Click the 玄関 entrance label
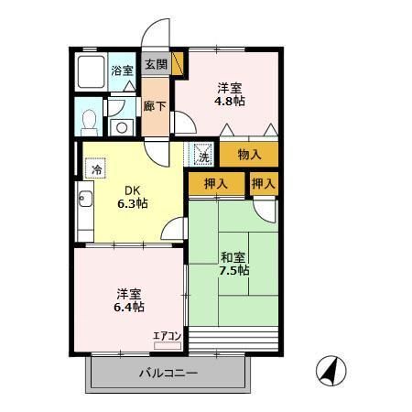[156, 64]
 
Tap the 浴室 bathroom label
[122, 70]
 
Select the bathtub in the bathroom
[91, 71]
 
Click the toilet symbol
[89, 123]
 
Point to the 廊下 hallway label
[155, 106]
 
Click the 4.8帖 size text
[230, 101]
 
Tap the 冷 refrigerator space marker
[96, 168]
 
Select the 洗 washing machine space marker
[203, 156]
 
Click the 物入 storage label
[249, 155]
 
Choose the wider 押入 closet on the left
[216, 184]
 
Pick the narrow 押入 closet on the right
[264, 184]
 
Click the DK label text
[133, 190]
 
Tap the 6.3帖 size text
[133, 203]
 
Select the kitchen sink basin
[85, 199]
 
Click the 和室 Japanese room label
[233, 257]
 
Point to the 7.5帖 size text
[234, 270]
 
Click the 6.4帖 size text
[129, 307]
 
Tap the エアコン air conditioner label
[168, 336]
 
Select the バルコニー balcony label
[168, 373]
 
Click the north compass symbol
[331, 371]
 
